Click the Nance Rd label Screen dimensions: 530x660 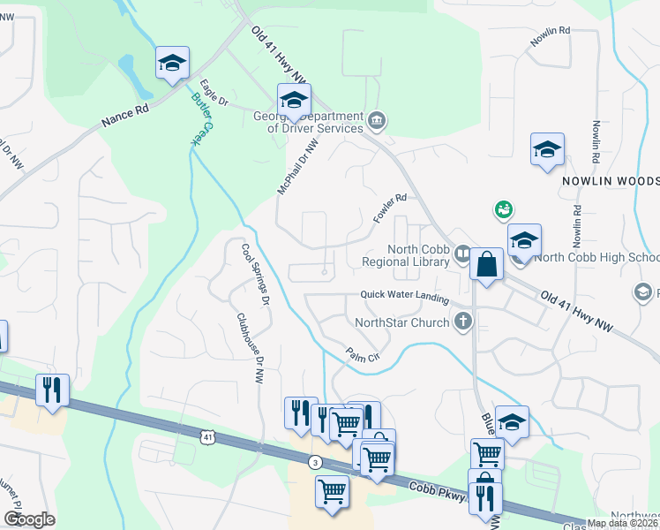tap(125, 113)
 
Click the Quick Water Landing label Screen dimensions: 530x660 tap(402, 296)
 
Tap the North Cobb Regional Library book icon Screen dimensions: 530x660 tap(462, 255)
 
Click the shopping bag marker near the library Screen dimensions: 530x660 tap(486, 263)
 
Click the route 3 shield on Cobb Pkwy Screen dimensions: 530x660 tap(315, 463)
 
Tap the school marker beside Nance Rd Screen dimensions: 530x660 tap(172, 63)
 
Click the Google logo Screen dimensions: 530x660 tap(29, 519)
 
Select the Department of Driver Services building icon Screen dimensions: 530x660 tap(378, 120)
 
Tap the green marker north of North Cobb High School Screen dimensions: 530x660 tap(504, 209)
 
